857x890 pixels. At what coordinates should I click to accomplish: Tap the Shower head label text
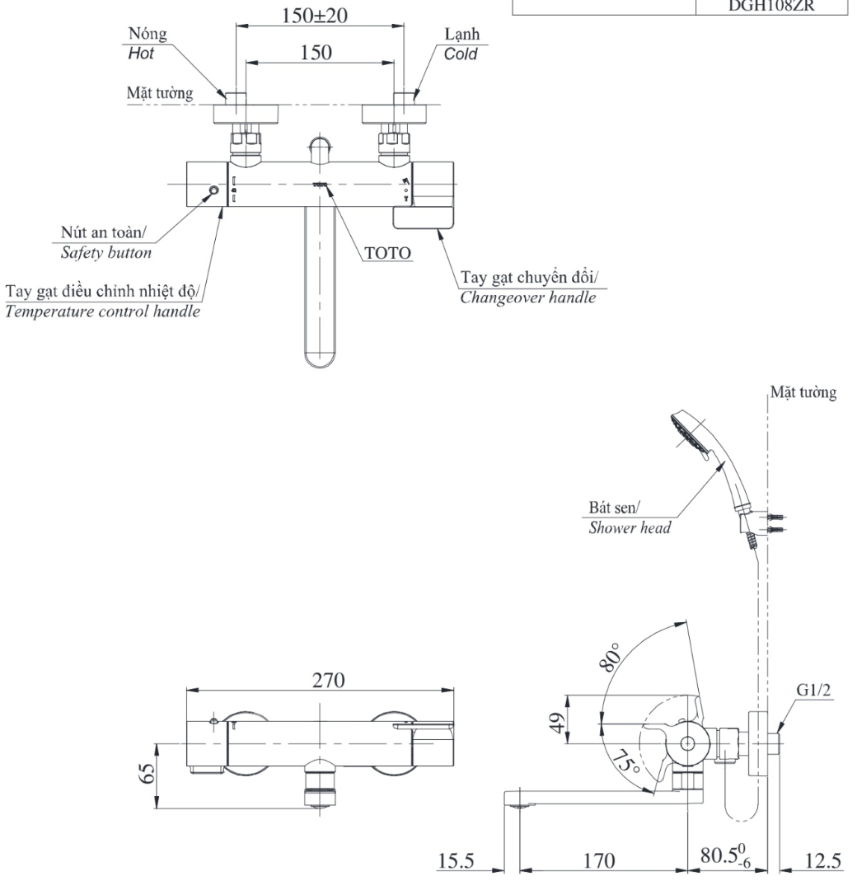[x=629, y=527]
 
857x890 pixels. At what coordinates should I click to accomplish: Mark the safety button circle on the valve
[x=214, y=190]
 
